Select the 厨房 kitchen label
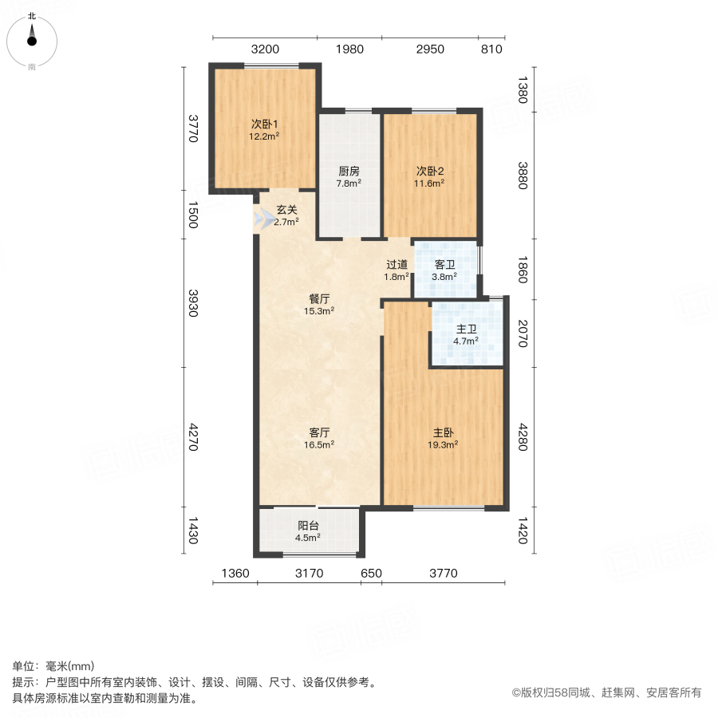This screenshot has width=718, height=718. point(349,171)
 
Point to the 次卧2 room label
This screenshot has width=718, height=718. point(429,171)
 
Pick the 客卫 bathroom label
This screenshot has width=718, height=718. point(444,265)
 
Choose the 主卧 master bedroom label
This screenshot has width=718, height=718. point(444,432)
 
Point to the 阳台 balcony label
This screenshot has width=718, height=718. point(309,526)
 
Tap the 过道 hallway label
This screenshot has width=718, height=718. point(397,265)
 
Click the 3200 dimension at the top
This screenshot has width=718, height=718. point(265,49)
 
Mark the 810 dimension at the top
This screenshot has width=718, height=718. point(491,49)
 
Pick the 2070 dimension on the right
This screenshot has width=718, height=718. point(523,333)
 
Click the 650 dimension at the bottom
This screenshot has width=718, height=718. point(371,573)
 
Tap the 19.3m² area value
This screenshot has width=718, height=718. point(444,445)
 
